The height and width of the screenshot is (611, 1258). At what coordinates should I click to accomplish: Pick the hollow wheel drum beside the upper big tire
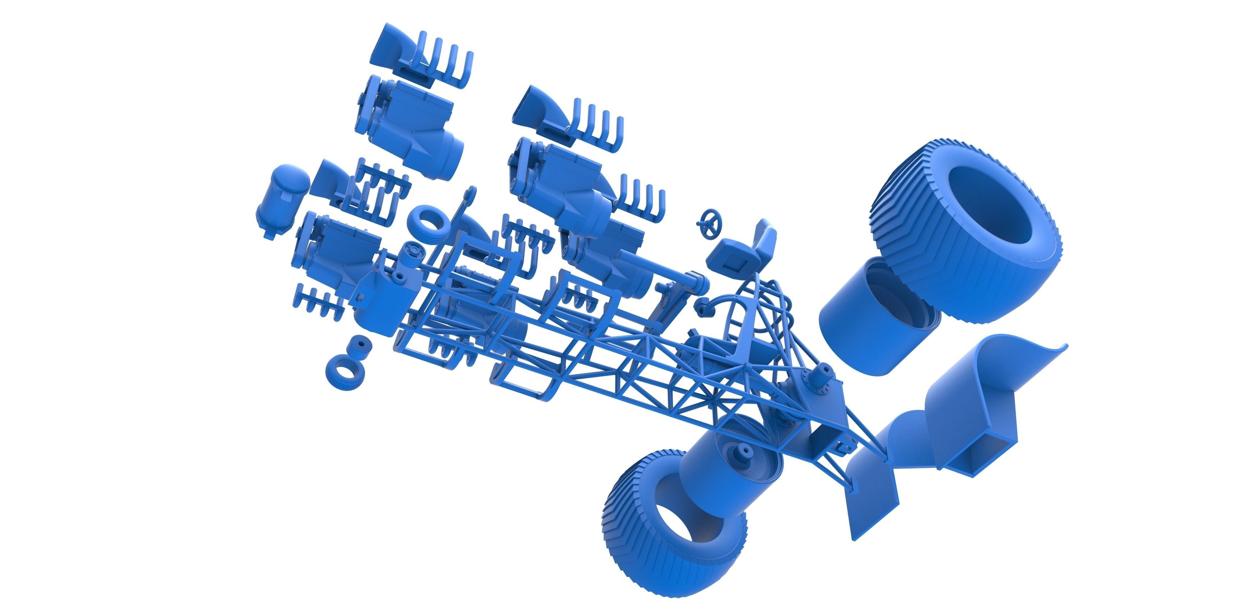pos(874,313)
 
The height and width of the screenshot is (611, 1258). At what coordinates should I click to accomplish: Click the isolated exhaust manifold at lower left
pos(317,300)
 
